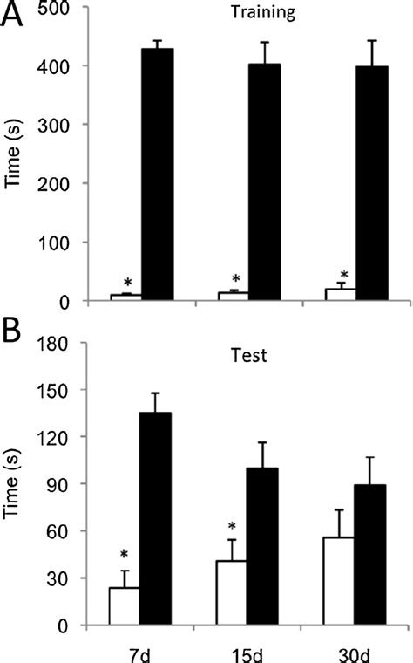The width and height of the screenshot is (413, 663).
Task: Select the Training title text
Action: click(245, 15)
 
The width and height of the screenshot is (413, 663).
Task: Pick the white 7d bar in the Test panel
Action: click(125, 606)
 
